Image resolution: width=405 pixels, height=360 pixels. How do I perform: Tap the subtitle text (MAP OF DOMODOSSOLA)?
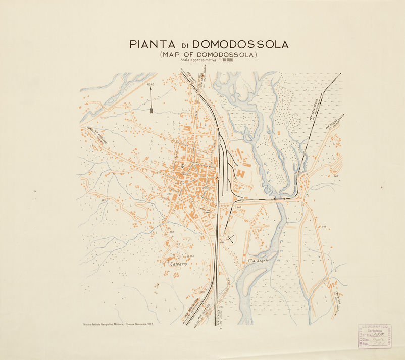tap(209, 54)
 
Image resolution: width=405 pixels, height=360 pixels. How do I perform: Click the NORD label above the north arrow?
tap(150, 84)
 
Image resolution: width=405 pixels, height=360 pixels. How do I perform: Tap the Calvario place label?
tap(179, 265)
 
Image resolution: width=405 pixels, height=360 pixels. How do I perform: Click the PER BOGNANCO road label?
tap(95, 134)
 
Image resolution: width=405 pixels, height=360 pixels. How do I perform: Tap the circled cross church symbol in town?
tap(183, 166)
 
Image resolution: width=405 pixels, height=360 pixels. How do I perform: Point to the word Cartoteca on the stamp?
tap(374, 332)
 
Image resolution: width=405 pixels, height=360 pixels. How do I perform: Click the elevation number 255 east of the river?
tap(323, 226)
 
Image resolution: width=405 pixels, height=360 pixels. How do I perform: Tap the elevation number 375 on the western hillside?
tap(104, 201)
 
